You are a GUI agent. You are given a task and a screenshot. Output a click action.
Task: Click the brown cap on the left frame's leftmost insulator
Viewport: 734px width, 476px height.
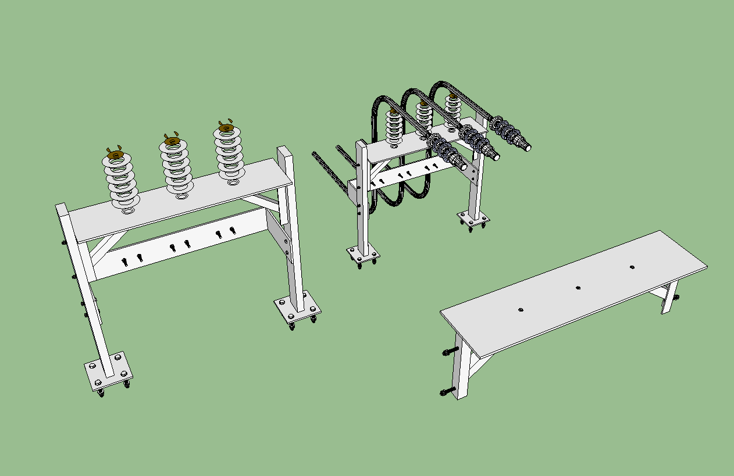115,155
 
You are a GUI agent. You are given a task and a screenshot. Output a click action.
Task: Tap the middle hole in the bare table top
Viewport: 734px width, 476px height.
578,287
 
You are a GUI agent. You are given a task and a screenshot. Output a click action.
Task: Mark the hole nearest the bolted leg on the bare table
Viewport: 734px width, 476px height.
521,310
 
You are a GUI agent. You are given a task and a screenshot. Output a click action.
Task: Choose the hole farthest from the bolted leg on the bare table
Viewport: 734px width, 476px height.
632,267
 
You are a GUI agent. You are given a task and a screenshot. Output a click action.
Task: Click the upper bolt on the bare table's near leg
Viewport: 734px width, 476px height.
450,352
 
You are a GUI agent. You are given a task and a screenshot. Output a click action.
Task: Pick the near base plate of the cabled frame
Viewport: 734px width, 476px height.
364,254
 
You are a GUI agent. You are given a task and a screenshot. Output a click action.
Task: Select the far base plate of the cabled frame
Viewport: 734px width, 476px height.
473,219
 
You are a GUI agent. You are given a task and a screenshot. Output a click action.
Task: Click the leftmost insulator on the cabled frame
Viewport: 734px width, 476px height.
394,126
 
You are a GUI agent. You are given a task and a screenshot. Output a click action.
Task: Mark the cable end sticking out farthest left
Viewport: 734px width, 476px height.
315,154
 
